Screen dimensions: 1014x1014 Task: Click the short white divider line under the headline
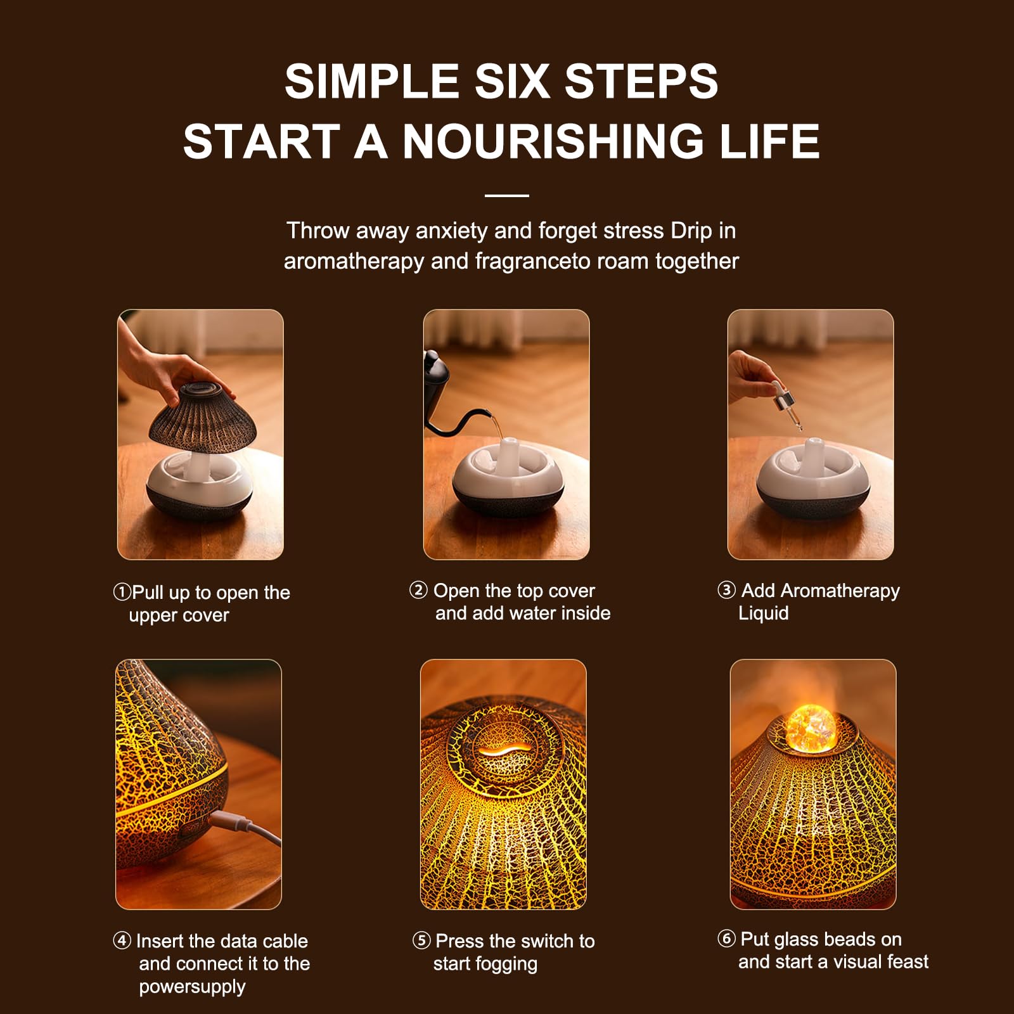507,195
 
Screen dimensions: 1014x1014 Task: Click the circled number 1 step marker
122,592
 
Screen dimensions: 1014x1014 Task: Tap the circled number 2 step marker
418,590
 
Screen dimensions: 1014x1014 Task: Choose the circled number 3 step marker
726,590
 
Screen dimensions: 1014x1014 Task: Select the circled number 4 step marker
122,940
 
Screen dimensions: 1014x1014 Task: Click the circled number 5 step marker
421,940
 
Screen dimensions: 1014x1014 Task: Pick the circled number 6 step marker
726,939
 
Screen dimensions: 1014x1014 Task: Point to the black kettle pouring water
444,393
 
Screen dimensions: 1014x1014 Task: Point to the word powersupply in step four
192,987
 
